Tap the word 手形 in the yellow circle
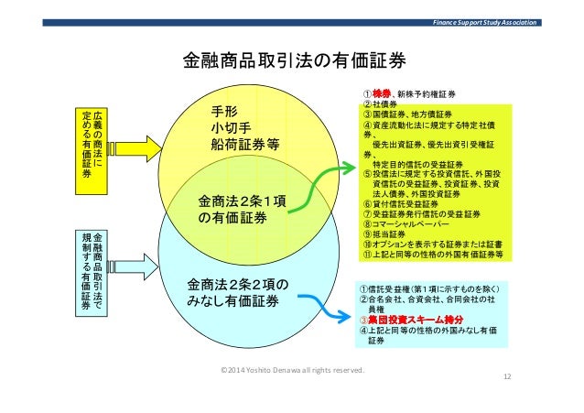(224, 111)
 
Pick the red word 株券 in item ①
(380, 94)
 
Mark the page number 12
(507, 378)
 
